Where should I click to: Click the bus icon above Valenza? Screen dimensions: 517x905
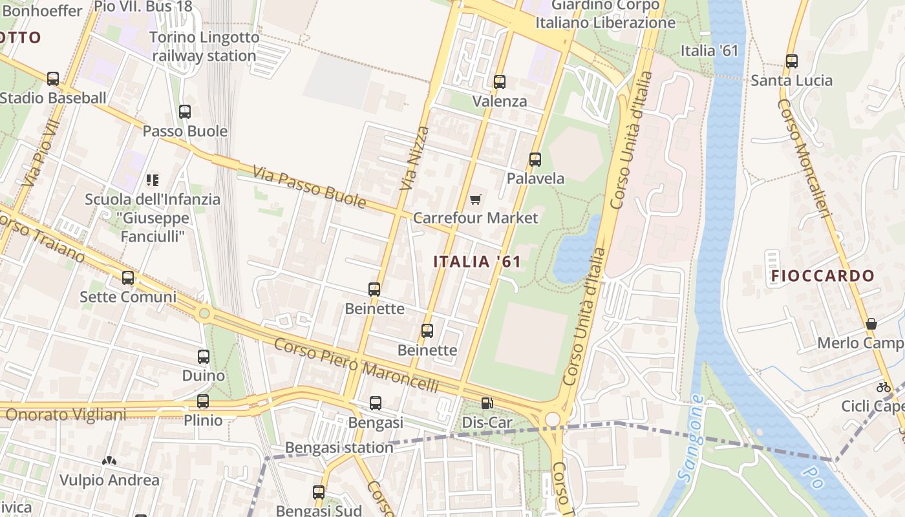499,82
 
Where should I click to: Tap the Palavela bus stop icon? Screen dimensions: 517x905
535,159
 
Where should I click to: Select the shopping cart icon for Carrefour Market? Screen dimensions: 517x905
475,199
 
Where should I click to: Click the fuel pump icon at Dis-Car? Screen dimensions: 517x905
487,403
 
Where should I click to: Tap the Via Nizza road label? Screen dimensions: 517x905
414,158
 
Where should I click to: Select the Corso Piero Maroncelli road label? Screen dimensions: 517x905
356,365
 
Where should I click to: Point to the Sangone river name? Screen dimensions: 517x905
691,437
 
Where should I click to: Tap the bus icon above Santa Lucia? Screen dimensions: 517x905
791,61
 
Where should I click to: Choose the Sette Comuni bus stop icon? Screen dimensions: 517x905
128,278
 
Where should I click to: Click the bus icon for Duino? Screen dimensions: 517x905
204,356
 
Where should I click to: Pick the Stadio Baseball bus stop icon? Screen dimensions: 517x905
53,79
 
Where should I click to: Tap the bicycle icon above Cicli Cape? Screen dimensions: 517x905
884,387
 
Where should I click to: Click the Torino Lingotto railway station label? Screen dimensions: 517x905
204,47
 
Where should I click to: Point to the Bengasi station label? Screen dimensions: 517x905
339,447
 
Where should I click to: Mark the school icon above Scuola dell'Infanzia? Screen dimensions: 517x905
153,180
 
